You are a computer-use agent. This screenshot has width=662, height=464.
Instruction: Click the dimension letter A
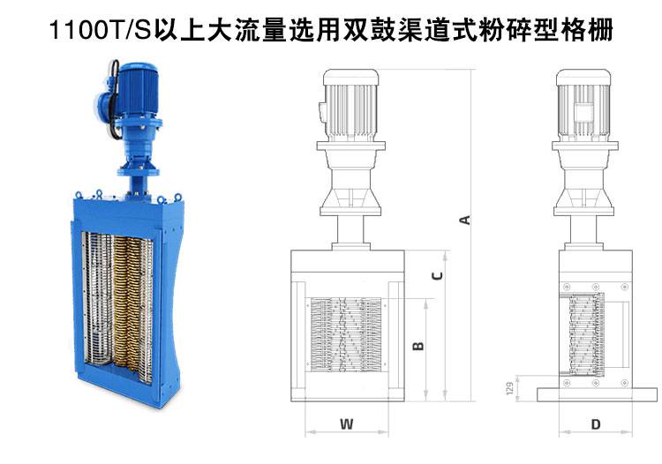coord(465,220)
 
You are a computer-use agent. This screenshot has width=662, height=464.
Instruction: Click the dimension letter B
coord(418,346)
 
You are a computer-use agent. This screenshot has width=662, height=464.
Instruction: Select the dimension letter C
coord(438,275)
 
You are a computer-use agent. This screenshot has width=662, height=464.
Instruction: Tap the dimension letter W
coord(346,423)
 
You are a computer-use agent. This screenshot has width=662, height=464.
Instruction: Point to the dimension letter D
coord(596,424)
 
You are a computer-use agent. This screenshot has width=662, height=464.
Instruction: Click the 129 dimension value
coord(509,388)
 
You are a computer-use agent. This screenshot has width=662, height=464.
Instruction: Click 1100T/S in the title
coord(100,30)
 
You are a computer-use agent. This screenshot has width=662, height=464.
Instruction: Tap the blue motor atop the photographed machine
coord(135,91)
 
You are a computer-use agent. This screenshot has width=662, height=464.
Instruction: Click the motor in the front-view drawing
coord(350,106)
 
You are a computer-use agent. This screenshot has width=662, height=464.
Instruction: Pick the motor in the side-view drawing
coord(583,106)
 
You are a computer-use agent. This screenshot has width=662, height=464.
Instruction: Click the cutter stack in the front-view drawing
coord(346,335)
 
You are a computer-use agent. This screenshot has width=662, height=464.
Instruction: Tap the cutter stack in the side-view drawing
coord(586,334)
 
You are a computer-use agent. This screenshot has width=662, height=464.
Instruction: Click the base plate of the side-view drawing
coord(597,394)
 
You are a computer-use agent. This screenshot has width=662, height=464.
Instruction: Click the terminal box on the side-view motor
coord(583,113)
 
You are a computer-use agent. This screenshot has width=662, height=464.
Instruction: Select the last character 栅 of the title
coord(599,30)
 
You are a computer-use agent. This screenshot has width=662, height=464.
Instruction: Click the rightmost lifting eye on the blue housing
coord(177,197)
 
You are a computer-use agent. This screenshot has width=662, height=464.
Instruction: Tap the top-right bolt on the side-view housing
coord(624,287)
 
